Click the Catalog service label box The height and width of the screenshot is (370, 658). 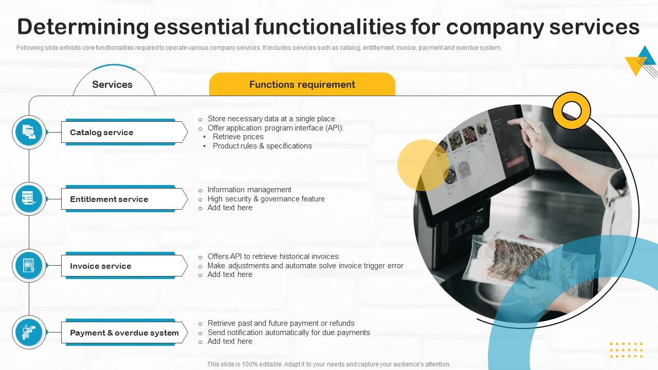point(124,132)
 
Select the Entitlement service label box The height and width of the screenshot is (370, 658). point(124,199)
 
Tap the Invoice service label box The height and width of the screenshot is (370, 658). point(124,266)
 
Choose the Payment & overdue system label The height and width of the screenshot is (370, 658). point(124,332)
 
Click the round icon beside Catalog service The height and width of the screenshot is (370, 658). point(29,132)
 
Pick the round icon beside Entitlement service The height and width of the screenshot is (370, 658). point(29,199)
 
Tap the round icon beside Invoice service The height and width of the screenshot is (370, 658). point(29,266)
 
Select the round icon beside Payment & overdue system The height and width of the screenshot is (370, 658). point(29,332)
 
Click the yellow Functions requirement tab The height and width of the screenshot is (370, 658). point(302,84)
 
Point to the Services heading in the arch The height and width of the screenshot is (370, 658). point(112,85)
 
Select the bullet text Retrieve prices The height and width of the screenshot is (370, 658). point(238,137)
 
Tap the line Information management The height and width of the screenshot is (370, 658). point(249,190)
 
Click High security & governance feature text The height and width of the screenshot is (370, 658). point(266,199)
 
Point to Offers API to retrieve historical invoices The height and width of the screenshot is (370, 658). point(273,256)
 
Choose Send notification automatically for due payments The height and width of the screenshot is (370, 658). point(289,332)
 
